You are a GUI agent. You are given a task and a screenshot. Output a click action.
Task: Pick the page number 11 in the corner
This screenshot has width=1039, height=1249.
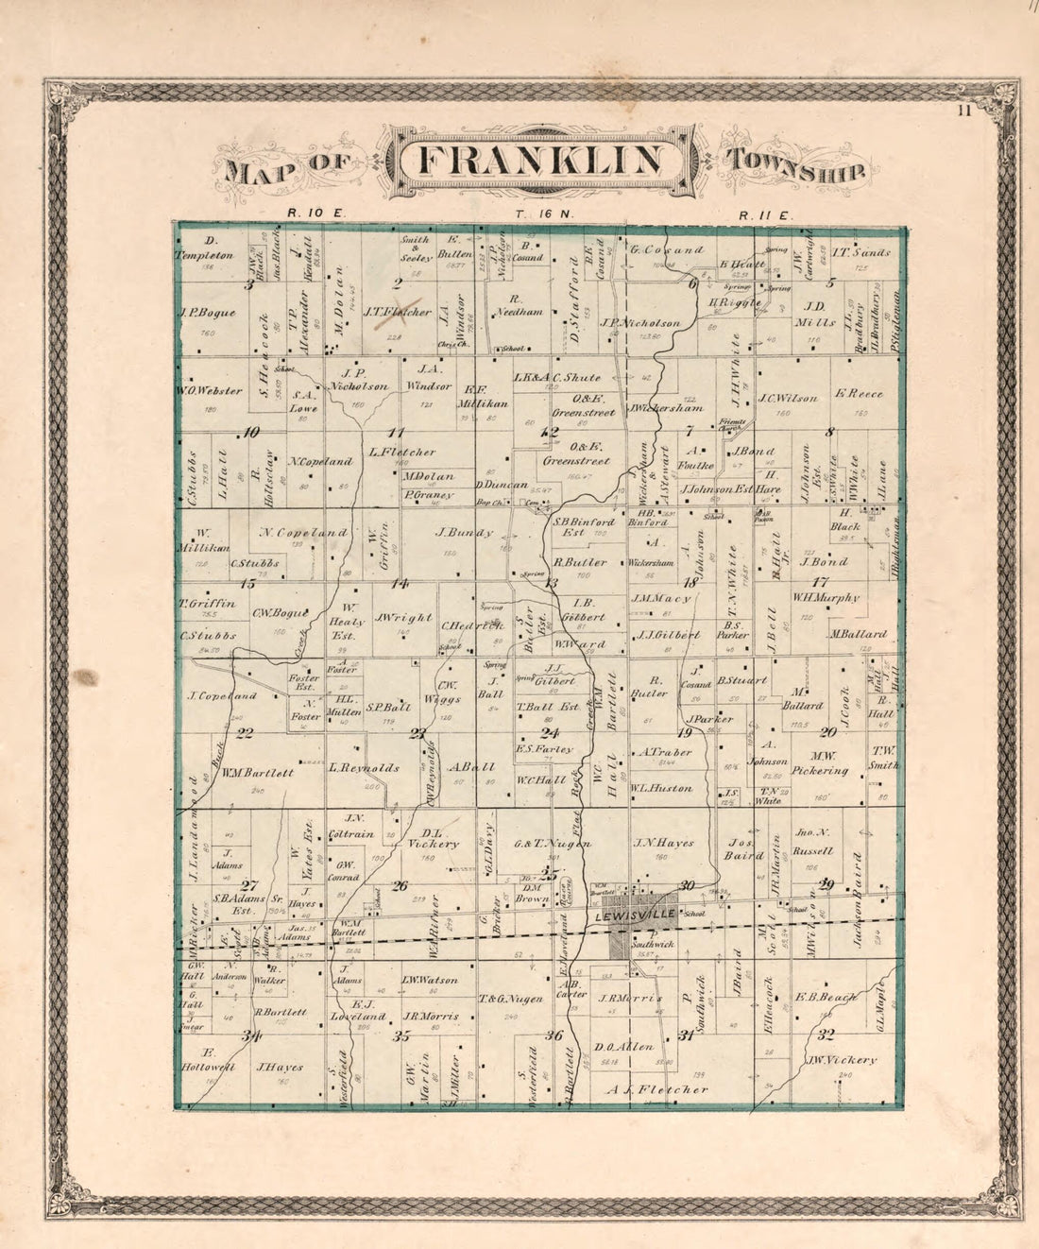[x=962, y=111]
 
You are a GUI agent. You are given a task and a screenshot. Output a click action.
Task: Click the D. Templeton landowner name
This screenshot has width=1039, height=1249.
[x=203, y=248]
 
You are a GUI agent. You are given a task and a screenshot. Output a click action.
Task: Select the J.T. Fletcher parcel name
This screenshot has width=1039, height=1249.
[x=398, y=311]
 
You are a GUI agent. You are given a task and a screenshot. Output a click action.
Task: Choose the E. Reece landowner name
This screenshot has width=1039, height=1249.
[x=859, y=394]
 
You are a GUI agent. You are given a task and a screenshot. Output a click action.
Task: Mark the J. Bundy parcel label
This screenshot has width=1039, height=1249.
[x=464, y=533]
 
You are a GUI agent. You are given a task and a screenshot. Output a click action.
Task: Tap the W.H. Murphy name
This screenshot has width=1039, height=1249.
[x=826, y=597]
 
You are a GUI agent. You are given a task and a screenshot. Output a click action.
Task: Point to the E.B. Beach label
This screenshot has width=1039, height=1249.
[x=825, y=997]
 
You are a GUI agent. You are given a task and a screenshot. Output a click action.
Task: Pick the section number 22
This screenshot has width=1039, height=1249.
[x=245, y=732]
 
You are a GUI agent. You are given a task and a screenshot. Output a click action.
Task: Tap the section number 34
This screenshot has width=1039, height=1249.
[x=250, y=1035]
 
